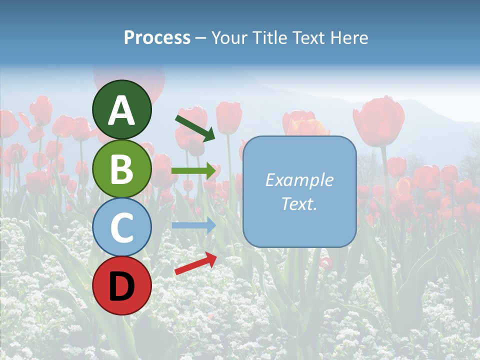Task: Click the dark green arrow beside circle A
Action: tap(195, 127)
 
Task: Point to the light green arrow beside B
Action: tap(193, 171)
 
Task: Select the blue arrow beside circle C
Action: tap(193, 225)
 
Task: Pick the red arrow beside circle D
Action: tap(195, 263)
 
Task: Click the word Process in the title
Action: tap(157, 37)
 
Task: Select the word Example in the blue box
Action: tap(299, 180)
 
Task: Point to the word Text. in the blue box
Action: tap(299, 203)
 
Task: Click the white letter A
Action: tap(121, 110)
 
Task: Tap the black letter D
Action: tap(121, 286)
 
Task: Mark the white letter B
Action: tap(121, 168)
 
